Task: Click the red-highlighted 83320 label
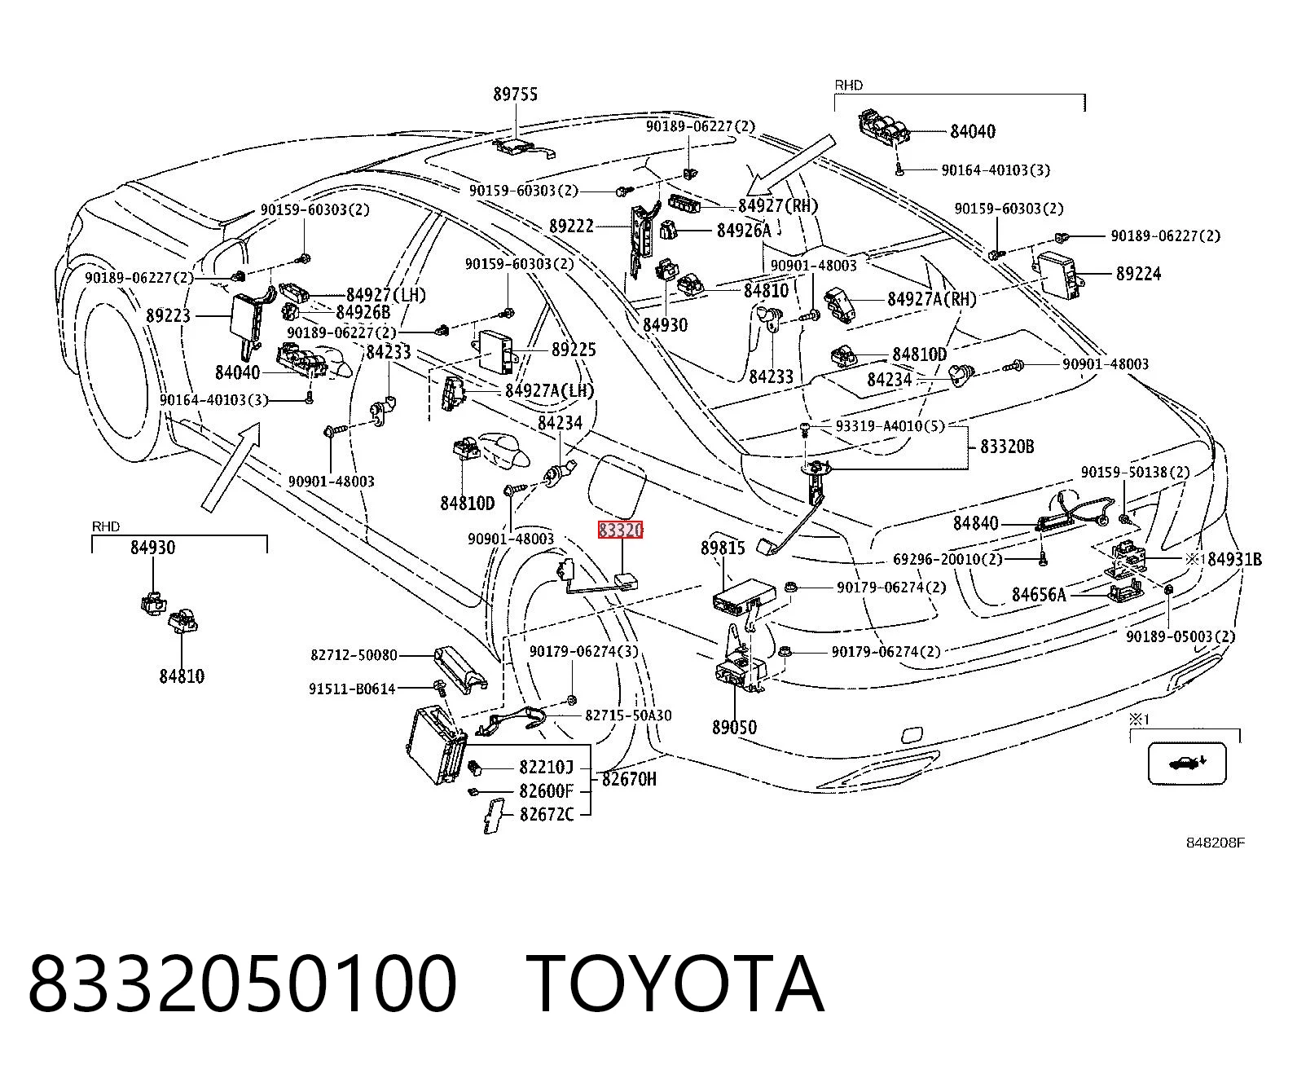[x=620, y=530]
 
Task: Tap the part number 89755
[x=516, y=94]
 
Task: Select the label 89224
[x=1139, y=274]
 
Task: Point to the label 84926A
[x=744, y=231]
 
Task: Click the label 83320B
[x=1007, y=447]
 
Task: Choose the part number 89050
[x=734, y=727]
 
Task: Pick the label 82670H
[x=629, y=779]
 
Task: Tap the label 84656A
[x=1039, y=595]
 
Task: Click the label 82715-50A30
[x=628, y=715]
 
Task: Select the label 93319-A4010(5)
[x=890, y=425]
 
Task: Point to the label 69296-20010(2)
[x=948, y=559]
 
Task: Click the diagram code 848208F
[x=1215, y=843]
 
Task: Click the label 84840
[x=976, y=523]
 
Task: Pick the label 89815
[x=723, y=548]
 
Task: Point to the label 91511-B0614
[x=352, y=689]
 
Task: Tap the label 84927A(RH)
[x=932, y=299]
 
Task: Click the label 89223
[x=169, y=315]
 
